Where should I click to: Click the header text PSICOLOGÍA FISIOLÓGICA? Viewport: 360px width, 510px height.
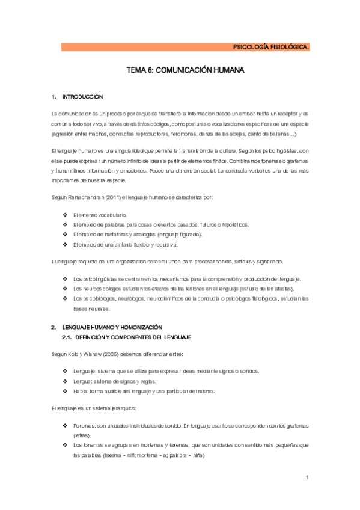pyautogui.click(x=271, y=47)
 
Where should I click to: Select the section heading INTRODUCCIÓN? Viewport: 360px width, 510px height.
pyautogui.click(x=83, y=96)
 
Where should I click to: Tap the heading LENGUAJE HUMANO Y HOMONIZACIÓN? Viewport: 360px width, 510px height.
pyautogui.click(x=112, y=327)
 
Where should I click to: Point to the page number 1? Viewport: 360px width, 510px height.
pyautogui.click(x=307, y=478)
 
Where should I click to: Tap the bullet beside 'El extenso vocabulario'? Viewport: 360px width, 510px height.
pyautogui.click(x=66, y=215)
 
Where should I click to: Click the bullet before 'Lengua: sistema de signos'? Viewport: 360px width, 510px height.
pyautogui.click(x=66, y=381)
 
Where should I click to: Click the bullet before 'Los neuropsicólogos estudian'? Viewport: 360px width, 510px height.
pyautogui.click(x=66, y=289)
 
